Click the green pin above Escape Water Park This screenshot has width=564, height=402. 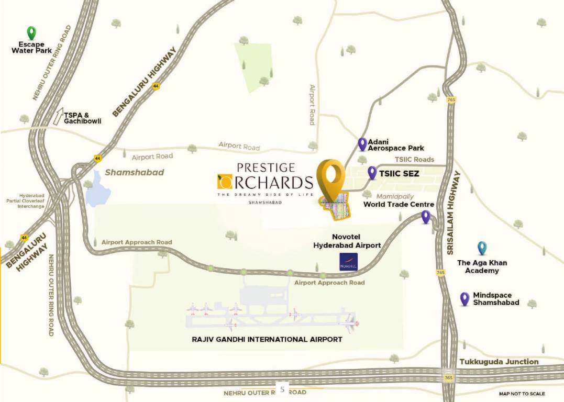(31, 33)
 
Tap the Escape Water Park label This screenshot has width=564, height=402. (31, 48)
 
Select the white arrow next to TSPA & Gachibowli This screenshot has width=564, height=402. (57, 117)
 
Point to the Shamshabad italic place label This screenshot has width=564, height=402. (135, 172)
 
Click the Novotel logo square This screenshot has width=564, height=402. (348, 262)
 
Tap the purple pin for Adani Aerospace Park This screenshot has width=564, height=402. (362, 143)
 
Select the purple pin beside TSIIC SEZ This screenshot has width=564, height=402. (372, 172)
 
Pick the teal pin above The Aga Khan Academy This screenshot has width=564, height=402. (482, 248)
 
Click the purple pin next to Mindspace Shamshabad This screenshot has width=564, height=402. (464, 298)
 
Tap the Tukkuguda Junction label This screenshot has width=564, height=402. (499, 362)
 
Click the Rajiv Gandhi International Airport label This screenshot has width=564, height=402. (267, 339)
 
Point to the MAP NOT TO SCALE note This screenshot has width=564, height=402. (521, 394)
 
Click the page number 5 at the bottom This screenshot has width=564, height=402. (282, 389)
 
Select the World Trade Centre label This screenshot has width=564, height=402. (399, 204)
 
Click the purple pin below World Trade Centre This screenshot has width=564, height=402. (426, 216)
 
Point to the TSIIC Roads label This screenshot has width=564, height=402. (414, 160)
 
